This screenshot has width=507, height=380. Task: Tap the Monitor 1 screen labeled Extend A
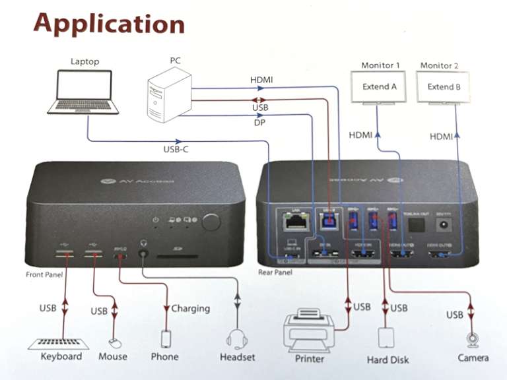[x=380, y=87]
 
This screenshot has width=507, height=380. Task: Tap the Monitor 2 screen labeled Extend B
[x=444, y=87]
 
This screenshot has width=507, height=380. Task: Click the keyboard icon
[x=61, y=343]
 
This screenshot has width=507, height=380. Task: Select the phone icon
[x=165, y=339]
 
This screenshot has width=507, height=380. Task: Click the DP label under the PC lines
[x=259, y=123]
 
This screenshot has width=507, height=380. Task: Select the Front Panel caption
[x=44, y=274]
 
